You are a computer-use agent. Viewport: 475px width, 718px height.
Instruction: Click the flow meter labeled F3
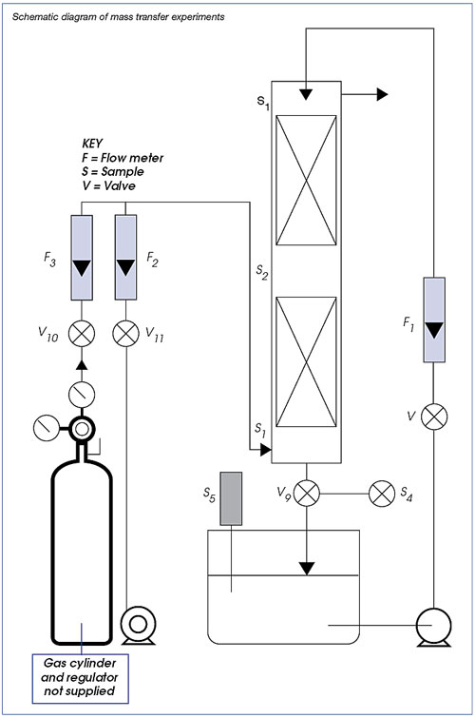[x=82, y=258]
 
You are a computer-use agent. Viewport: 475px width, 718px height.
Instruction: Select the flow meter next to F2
[x=125, y=258]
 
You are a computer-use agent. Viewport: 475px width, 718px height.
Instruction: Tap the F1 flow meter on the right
[x=434, y=320]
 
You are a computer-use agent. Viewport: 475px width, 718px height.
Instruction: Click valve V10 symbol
[x=82, y=333]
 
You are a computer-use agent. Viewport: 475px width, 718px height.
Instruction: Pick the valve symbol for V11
[x=125, y=333]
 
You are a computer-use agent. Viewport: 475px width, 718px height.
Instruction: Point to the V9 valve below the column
[x=307, y=494]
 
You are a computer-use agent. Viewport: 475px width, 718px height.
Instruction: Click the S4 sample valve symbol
[x=382, y=494]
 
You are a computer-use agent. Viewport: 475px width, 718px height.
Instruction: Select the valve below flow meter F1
[x=434, y=417]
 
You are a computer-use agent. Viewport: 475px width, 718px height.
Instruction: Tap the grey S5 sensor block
[x=231, y=498]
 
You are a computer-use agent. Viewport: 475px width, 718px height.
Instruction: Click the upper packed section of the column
[x=306, y=181]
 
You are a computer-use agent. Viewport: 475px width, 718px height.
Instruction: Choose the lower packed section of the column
[x=306, y=362]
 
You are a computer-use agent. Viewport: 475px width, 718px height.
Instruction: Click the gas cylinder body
[x=82, y=550]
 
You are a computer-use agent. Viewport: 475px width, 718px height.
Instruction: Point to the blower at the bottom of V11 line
[x=138, y=625]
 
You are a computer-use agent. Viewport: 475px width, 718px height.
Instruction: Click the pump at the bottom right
[x=434, y=627]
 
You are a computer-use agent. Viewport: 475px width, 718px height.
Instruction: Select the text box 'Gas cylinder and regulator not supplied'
[x=80, y=678]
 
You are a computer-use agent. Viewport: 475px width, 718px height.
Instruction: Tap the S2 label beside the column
[x=262, y=272]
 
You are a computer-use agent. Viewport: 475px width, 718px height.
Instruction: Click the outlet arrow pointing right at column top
[x=365, y=94]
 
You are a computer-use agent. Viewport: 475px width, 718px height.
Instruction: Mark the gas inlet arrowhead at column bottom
[x=265, y=451]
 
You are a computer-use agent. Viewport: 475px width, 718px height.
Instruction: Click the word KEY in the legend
[x=93, y=144]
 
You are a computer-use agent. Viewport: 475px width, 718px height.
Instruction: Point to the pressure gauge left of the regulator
[x=47, y=428]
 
